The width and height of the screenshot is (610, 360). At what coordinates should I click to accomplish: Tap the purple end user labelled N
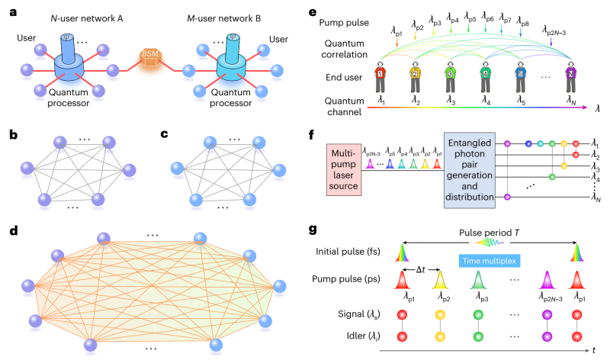pos(570,82)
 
